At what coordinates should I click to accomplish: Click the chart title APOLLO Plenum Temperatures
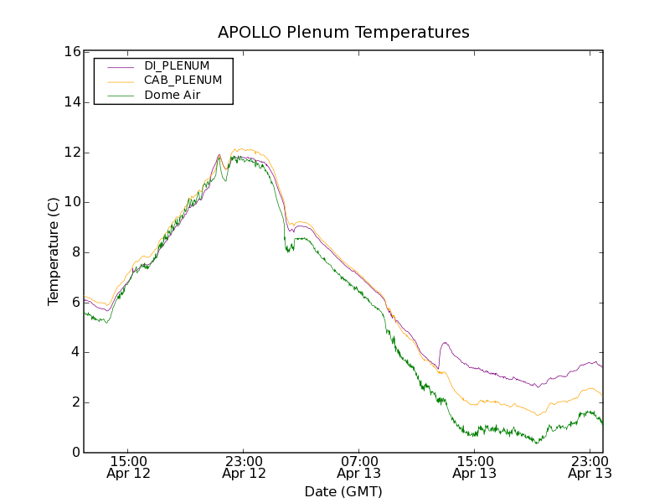coord(343,33)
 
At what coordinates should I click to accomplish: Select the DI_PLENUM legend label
coord(177,65)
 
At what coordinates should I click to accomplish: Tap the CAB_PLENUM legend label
coord(183,80)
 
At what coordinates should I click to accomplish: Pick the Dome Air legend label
coord(173,95)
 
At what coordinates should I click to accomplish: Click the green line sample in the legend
coord(120,96)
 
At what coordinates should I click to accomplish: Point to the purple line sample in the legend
coord(120,66)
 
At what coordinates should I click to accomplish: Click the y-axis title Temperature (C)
coord(54,251)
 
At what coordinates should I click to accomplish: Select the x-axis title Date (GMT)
coord(343,491)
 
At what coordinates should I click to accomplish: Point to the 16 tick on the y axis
coord(71,52)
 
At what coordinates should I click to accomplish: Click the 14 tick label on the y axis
coord(71,102)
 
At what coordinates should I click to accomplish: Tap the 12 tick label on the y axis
coord(71,153)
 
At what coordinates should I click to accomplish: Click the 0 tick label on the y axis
coord(75,453)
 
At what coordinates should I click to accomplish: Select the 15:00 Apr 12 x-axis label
coord(129,467)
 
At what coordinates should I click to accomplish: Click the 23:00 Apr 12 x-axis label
coord(244,467)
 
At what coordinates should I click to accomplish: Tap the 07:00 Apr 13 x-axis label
coord(359,467)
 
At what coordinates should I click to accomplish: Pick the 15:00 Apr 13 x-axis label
coord(474,467)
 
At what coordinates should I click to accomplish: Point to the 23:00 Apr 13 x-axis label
coord(589,467)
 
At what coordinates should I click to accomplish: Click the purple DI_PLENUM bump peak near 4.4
coord(445,343)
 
